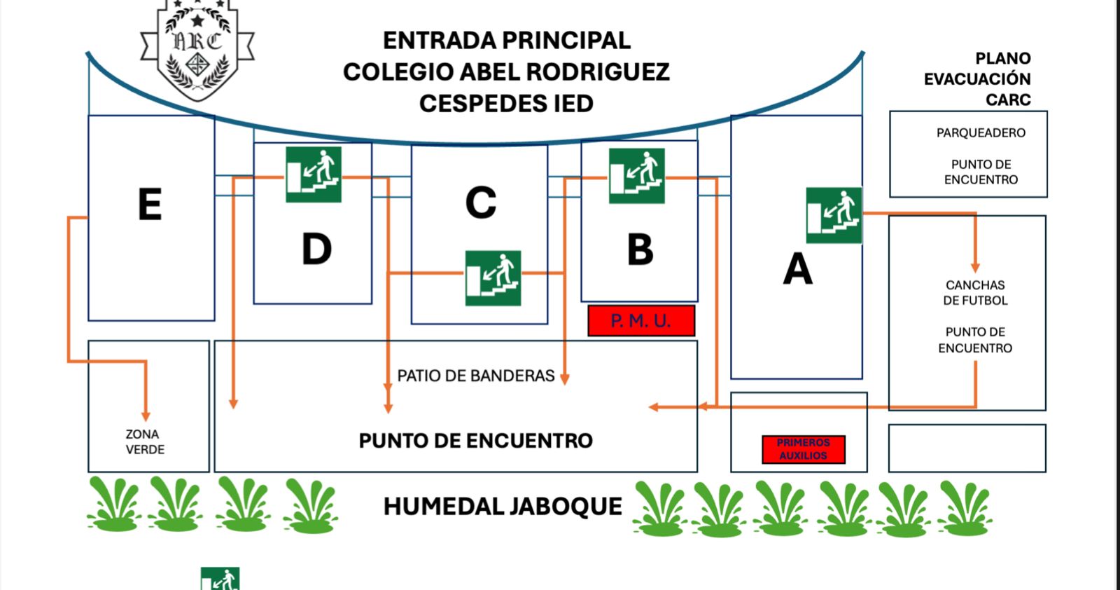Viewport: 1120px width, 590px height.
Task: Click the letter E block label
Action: click(150, 205)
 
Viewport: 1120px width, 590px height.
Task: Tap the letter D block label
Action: click(316, 249)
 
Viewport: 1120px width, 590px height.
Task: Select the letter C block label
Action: click(481, 203)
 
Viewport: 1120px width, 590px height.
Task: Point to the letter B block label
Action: click(640, 249)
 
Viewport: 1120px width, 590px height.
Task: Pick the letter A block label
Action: click(797, 269)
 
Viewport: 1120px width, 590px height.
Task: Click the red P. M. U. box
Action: click(641, 321)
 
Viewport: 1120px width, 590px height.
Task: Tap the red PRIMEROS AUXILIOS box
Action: click(804, 449)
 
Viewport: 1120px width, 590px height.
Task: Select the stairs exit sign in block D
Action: click(313, 174)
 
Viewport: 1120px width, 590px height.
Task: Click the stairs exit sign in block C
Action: click(493, 278)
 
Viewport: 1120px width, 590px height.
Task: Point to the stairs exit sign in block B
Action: click(636, 176)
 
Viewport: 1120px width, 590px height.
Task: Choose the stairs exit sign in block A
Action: click(834, 215)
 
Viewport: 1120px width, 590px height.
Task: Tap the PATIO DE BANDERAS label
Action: click(476, 376)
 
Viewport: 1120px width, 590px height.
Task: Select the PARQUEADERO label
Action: click(981, 133)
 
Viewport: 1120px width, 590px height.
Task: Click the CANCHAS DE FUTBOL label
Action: click(975, 293)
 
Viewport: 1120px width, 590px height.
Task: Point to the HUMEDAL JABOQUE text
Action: click(503, 507)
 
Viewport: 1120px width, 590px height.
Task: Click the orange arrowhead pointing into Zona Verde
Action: click(146, 416)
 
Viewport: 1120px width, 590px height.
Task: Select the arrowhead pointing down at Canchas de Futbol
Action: click(975, 268)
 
